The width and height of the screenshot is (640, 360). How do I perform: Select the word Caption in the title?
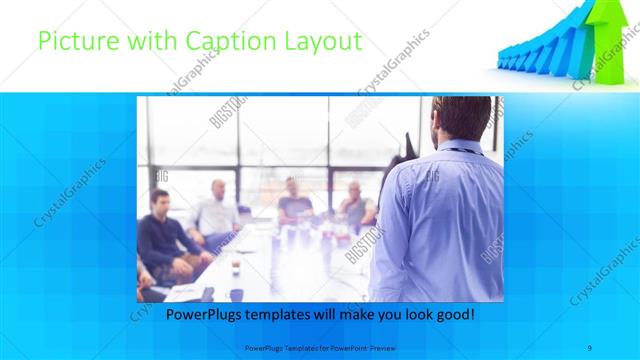tap(213, 42)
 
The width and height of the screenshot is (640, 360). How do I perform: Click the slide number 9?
tap(590, 347)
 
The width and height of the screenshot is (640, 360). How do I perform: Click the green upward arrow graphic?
tap(605, 35)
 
